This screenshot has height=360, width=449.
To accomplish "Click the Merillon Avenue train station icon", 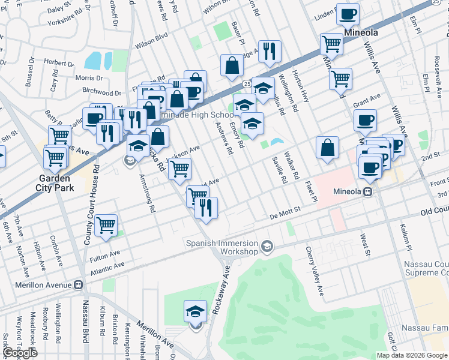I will coord(77,285).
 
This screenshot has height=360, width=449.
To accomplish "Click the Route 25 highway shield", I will coord(246,82).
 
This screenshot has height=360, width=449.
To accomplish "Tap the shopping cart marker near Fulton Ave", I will coord(106,225).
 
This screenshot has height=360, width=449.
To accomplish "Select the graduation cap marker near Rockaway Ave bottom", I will coord(195,311).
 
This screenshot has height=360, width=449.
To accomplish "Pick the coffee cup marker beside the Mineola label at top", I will coord(348,13).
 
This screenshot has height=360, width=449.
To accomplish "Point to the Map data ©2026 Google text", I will coord(411,355).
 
